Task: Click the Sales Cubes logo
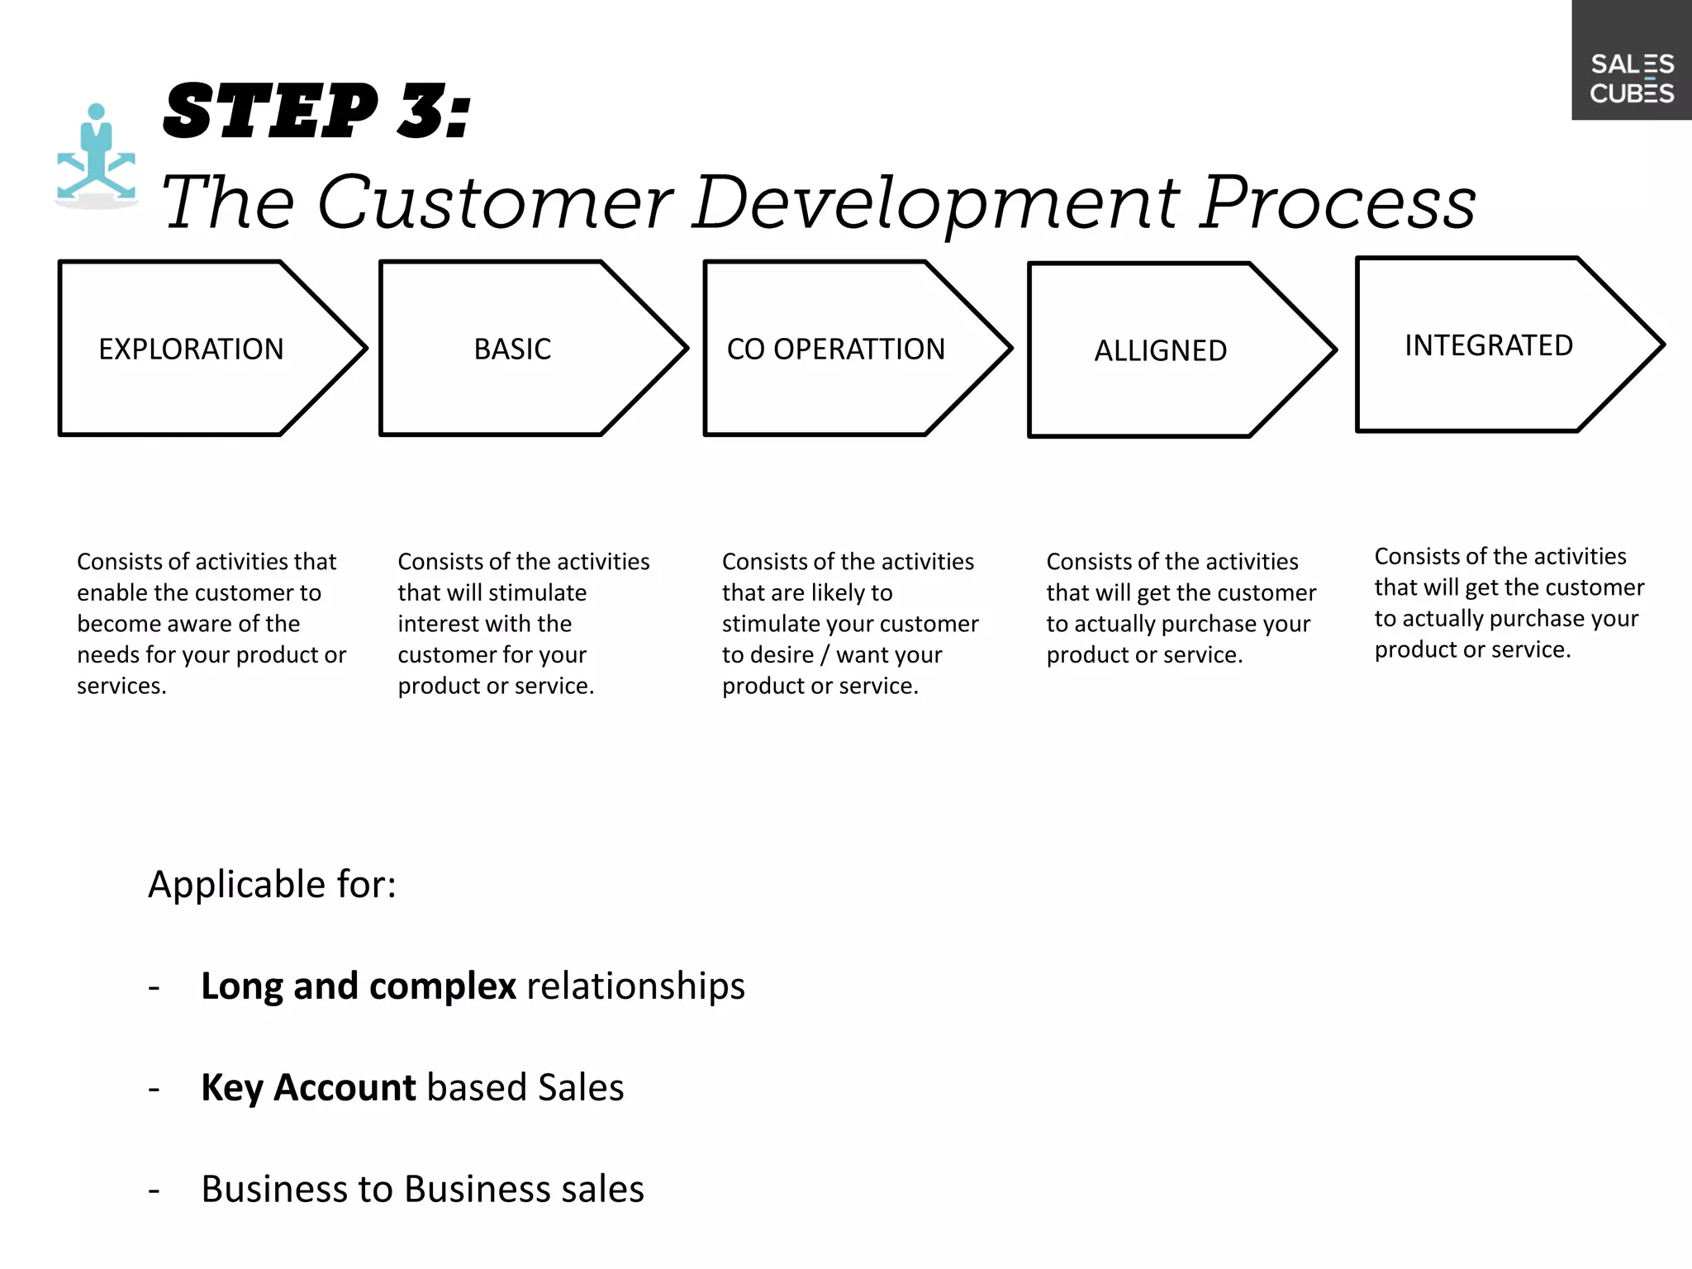pos(1631,78)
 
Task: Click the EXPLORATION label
pos(191,349)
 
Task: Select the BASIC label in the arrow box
pos(512,349)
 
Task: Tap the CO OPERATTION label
pos(835,349)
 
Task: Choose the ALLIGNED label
pos(1160,351)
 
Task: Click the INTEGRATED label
pos(1489,345)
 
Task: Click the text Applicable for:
pos(272,884)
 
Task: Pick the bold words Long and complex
pos(358,986)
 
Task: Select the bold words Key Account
pos(308,1087)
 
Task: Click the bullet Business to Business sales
pos(422,1189)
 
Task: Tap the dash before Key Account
pos(154,1090)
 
